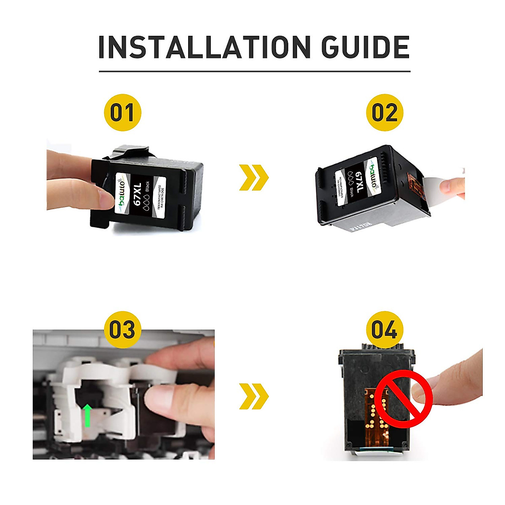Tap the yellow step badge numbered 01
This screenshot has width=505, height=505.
tap(122, 113)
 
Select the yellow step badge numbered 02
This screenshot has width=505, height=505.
tap(384, 113)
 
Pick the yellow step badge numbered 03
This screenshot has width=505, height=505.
tap(122, 329)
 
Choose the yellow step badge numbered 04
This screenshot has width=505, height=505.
tap(384, 329)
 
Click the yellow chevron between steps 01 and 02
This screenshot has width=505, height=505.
tap(253, 177)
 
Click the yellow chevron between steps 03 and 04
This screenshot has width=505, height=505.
tap(253, 396)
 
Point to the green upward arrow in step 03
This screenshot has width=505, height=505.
tap(87, 415)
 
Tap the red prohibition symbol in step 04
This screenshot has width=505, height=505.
tap(404, 398)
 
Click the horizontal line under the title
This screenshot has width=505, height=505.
tap(254, 72)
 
